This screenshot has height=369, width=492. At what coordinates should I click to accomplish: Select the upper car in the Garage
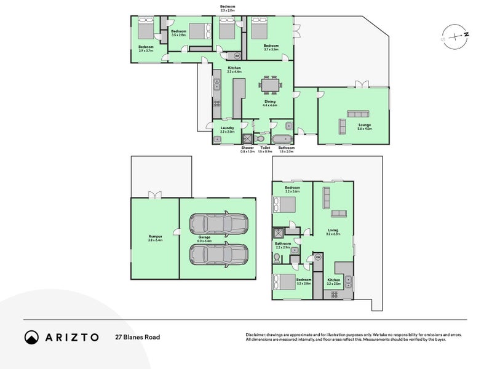[218, 223]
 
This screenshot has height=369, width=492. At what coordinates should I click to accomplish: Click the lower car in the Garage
[218, 253]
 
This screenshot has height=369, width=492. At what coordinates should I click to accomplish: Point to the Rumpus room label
[154, 237]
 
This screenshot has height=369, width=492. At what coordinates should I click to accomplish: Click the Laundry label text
[227, 129]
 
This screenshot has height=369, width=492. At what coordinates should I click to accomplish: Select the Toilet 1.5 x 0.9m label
[265, 149]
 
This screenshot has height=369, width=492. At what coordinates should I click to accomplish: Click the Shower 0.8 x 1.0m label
[247, 149]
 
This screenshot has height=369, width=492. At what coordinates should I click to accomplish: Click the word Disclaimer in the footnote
[256, 335]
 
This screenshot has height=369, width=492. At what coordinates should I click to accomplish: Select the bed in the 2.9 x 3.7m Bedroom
[146, 28]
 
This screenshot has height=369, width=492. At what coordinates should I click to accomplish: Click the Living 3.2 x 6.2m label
[332, 232]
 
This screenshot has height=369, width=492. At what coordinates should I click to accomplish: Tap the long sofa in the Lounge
[357, 113]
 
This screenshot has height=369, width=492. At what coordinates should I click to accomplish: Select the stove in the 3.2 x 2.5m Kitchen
[335, 294]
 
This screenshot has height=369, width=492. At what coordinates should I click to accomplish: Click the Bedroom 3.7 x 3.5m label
[271, 47]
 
